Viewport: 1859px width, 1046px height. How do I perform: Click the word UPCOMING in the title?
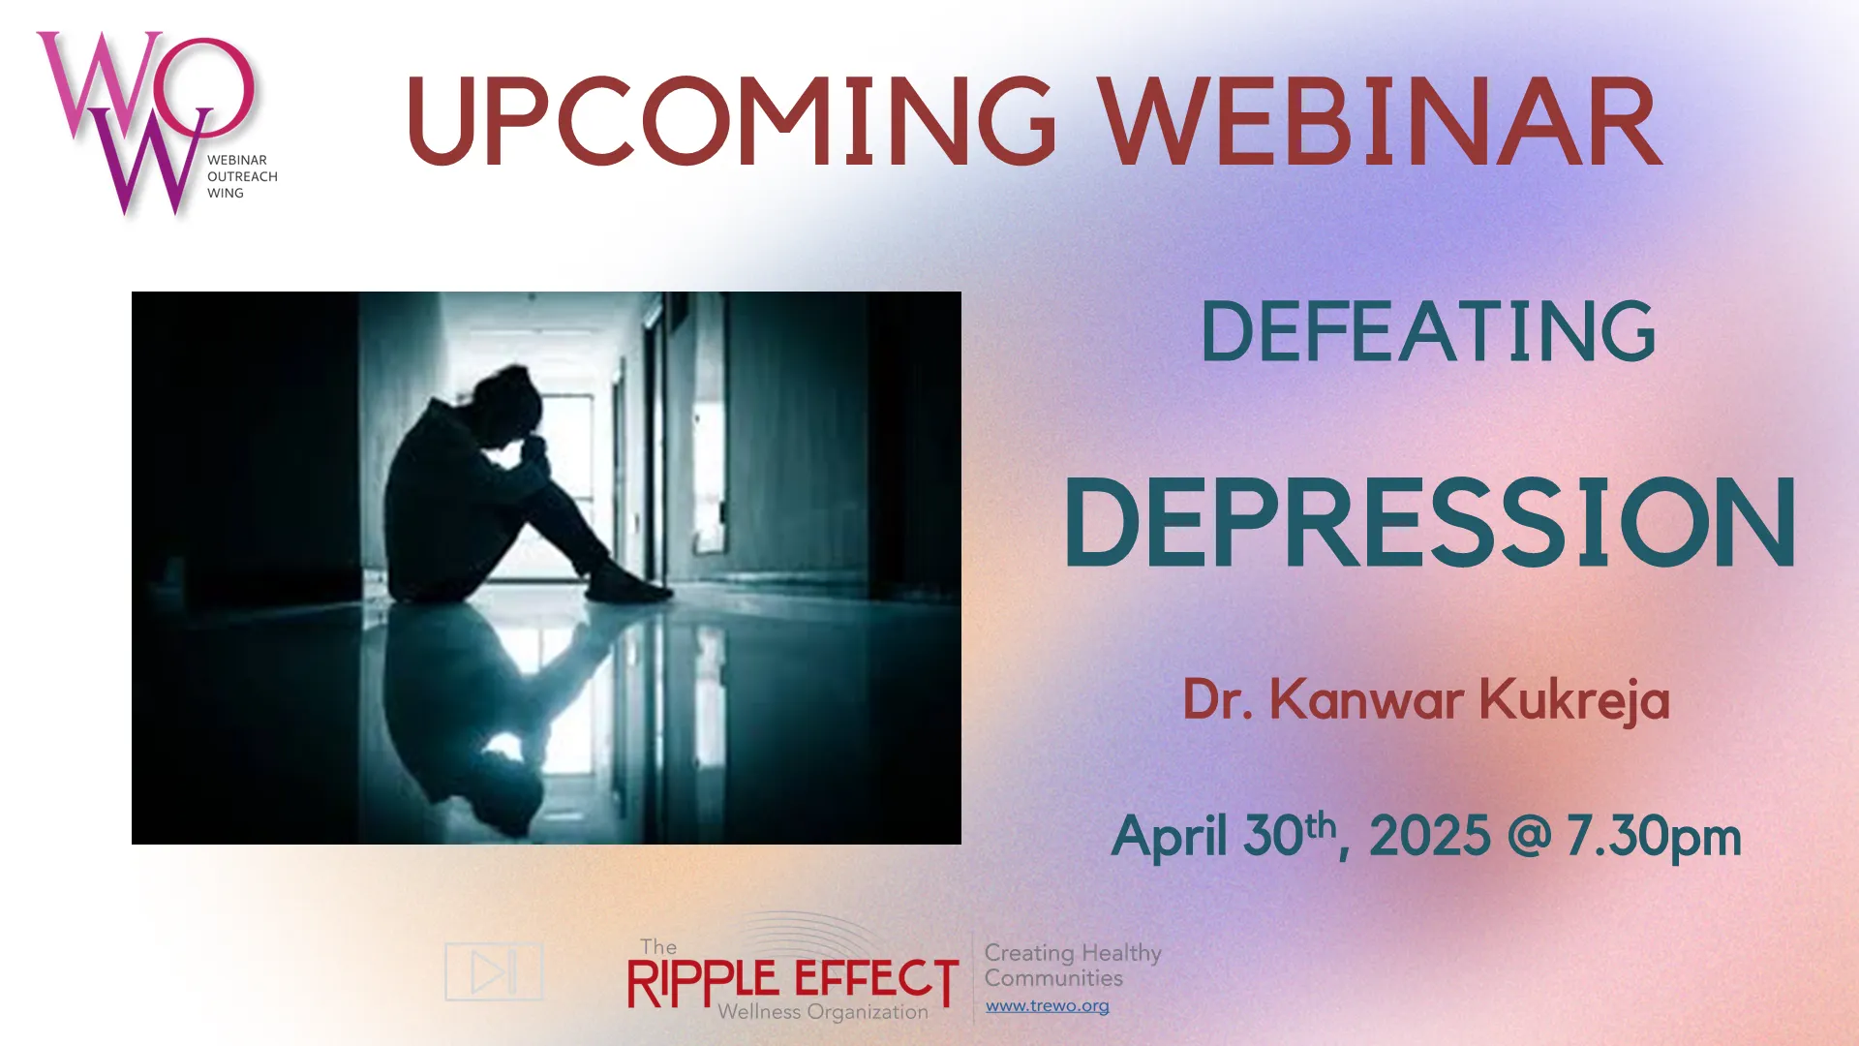(x=732, y=121)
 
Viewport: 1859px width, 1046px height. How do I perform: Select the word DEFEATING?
(x=1428, y=331)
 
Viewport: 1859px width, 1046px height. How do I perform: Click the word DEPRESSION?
(x=1430, y=522)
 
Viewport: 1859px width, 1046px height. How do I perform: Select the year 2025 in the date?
(x=1429, y=836)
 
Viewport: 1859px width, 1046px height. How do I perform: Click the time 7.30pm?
(x=1654, y=837)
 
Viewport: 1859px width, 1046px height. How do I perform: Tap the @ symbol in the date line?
(x=1529, y=836)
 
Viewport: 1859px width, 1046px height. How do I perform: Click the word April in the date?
(x=1171, y=836)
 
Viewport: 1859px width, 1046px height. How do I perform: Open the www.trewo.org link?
(x=1048, y=1006)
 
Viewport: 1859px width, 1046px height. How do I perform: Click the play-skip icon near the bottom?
(x=494, y=971)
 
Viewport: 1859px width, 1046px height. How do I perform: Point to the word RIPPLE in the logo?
(x=703, y=982)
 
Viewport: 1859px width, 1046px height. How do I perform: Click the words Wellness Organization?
(x=823, y=1013)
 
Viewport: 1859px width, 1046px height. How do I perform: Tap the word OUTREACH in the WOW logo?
(x=242, y=176)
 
